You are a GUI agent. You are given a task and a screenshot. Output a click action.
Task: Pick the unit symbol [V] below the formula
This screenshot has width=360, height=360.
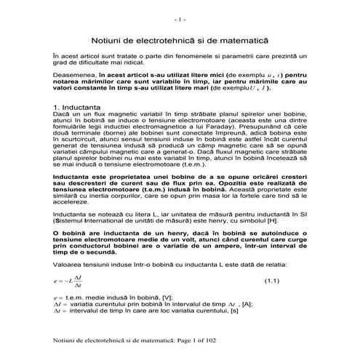169,297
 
